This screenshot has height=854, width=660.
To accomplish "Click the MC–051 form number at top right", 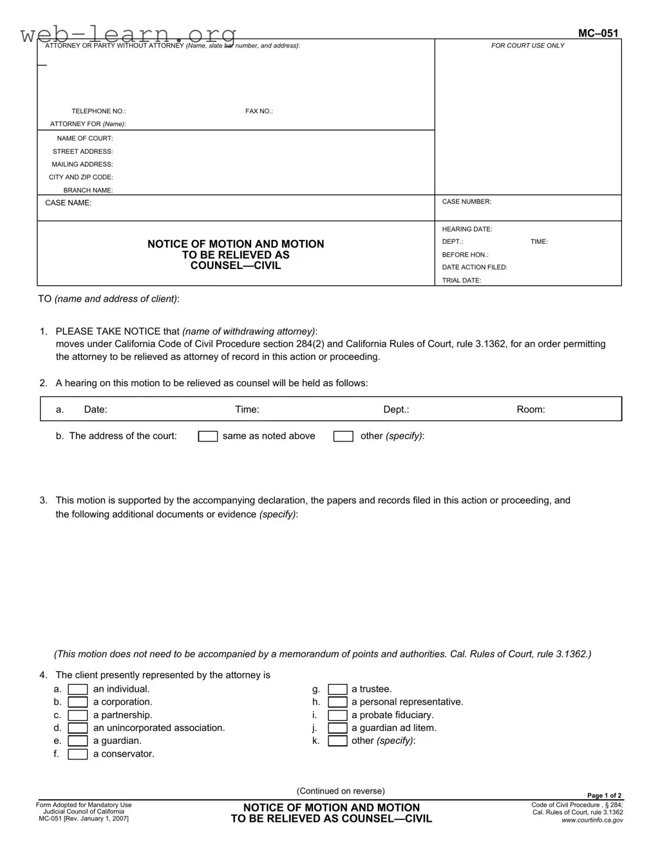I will (x=598, y=33).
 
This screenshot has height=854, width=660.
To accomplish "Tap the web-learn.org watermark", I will (x=128, y=34).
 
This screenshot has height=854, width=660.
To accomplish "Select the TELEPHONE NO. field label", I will (x=99, y=111).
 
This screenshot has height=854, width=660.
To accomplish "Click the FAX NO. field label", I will (x=259, y=111).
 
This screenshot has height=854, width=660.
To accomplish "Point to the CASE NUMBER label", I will (x=466, y=201).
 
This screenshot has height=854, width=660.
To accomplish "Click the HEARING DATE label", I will (x=467, y=229).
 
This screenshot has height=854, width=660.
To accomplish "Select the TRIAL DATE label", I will (x=461, y=281).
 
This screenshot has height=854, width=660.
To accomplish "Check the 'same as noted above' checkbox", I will (x=207, y=436).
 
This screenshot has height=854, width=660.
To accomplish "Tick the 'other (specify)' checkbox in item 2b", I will (x=343, y=436).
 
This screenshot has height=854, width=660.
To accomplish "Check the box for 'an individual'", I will (x=78, y=689).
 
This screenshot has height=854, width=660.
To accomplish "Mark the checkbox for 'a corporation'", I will (x=78, y=702).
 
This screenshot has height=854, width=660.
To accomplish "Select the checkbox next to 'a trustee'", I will (x=337, y=689).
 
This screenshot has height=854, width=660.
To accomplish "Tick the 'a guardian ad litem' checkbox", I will (x=337, y=728).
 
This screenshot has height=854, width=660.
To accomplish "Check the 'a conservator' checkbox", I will (x=78, y=754).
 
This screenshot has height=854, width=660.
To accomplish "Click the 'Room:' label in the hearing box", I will (x=531, y=409).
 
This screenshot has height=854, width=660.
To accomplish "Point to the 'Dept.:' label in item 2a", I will (x=396, y=409).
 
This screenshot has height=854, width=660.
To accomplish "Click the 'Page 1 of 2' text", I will (x=604, y=795).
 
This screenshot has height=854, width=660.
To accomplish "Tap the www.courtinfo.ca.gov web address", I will (x=592, y=820).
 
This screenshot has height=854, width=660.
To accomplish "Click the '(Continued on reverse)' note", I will (x=341, y=791).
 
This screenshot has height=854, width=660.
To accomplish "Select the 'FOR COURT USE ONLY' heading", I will (x=527, y=46).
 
